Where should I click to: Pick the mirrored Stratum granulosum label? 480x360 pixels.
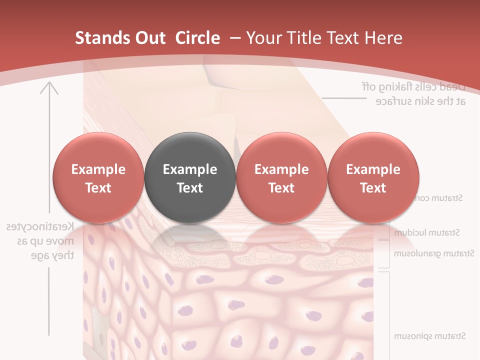point(433,253)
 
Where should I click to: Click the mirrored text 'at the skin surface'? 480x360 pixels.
point(420,101)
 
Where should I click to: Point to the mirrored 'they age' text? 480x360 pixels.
point(52,255)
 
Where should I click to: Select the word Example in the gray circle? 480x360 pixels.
point(190,169)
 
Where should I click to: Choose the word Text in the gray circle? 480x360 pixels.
point(190,188)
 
